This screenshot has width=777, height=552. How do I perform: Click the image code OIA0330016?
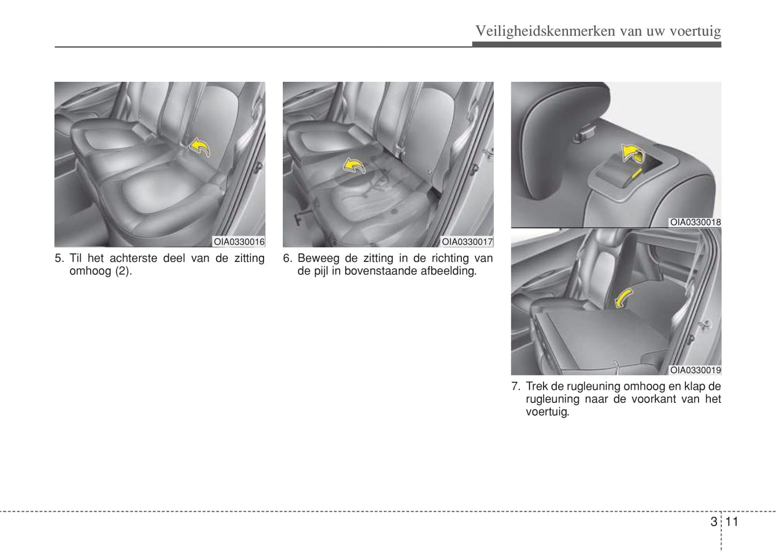tap(239, 242)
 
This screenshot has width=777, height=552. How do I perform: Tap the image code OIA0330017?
tap(467, 242)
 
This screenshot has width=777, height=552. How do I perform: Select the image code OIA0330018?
tap(695, 222)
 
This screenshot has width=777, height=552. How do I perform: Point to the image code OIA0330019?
tap(695, 370)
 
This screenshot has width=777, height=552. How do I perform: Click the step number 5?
tap(59, 258)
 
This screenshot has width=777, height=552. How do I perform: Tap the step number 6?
tap(288, 258)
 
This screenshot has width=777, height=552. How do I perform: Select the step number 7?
tap(516, 386)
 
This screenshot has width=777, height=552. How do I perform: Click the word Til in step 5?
tap(75, 258)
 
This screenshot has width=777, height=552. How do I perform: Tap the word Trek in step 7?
tap(537, 386)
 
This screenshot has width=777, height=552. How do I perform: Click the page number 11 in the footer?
tap(731, 522)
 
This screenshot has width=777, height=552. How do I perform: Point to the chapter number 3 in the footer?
tap(714, 522)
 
